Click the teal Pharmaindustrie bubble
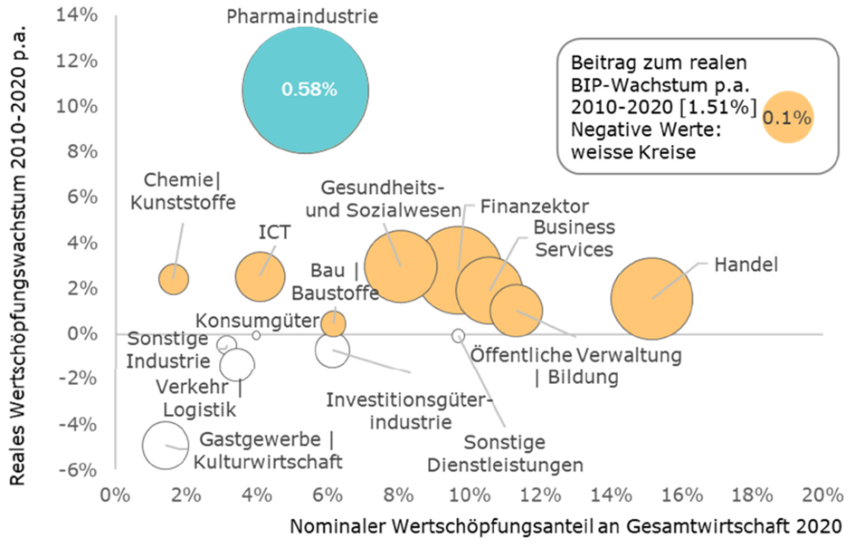pos(306,90)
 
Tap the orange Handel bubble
pos(651,299)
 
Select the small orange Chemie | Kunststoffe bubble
pos(174,279)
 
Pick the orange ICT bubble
pos(260,277)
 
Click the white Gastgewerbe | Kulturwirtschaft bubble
pos(166,446)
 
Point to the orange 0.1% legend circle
pos(787,118)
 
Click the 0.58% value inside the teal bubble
pos(309,89)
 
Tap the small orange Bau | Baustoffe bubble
pos(333,324)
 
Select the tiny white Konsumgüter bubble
pos(256,335)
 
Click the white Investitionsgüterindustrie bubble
pos(332,351)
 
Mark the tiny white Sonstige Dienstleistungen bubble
pos(459,335)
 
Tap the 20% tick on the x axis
pos(822,495)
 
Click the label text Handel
pos(746,264)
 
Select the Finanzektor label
pos(535,207)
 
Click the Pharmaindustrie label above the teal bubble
pos(302,16)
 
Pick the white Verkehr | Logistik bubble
pos(237,364)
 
